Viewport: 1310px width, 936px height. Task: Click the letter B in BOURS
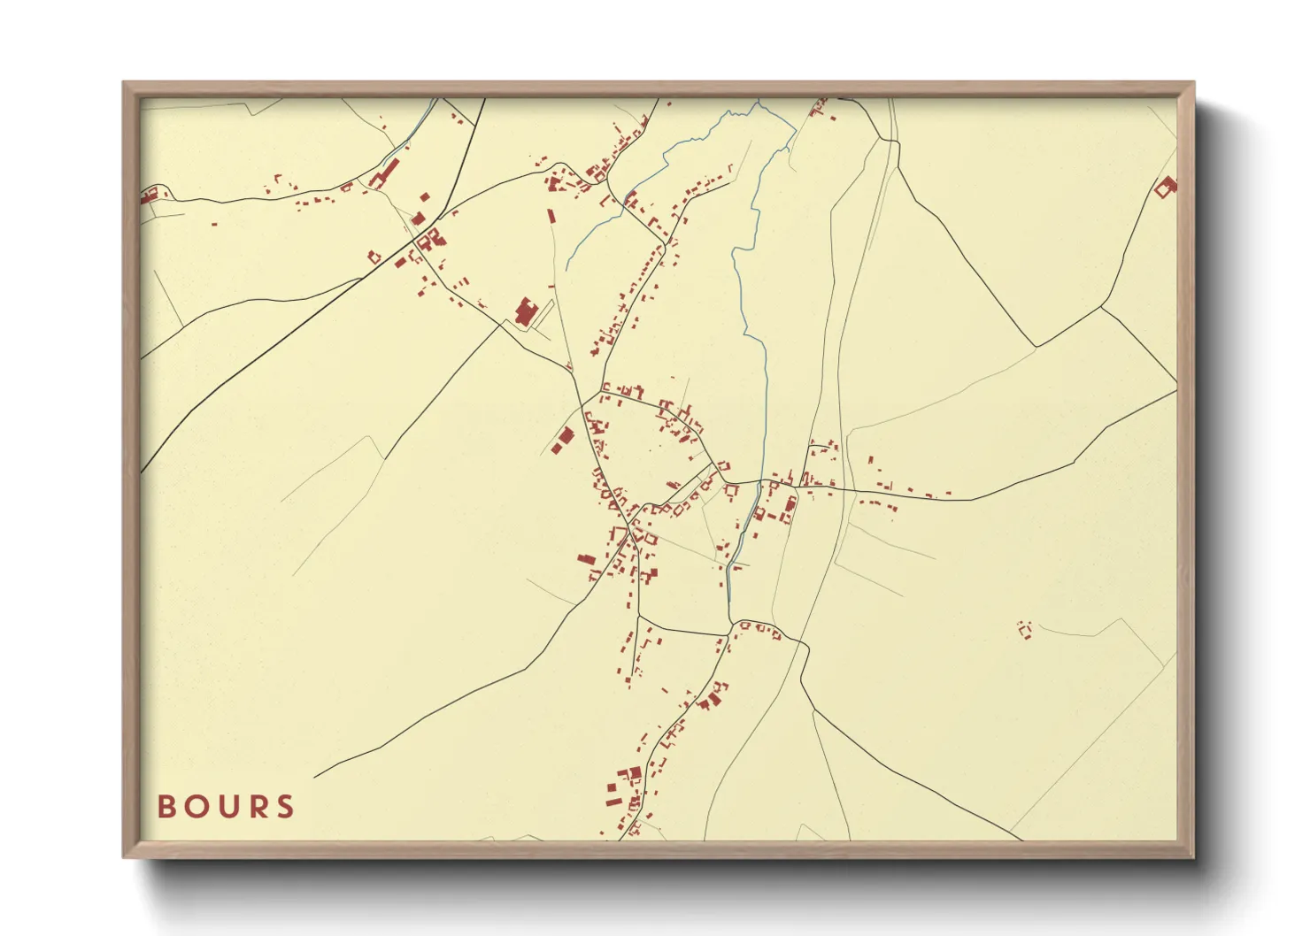point(166,807)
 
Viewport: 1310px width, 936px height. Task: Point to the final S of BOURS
point(285,807)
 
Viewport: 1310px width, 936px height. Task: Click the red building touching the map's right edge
point(1166,187)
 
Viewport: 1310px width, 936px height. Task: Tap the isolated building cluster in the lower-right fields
point(1025,630)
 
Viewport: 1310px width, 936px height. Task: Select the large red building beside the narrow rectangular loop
point(524,313)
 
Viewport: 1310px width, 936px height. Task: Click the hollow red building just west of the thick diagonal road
point(374,257)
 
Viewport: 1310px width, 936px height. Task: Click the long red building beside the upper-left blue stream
point(386,173)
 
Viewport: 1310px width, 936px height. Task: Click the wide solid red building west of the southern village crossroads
point(586,558)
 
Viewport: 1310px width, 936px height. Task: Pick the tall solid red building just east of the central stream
point(790,505)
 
